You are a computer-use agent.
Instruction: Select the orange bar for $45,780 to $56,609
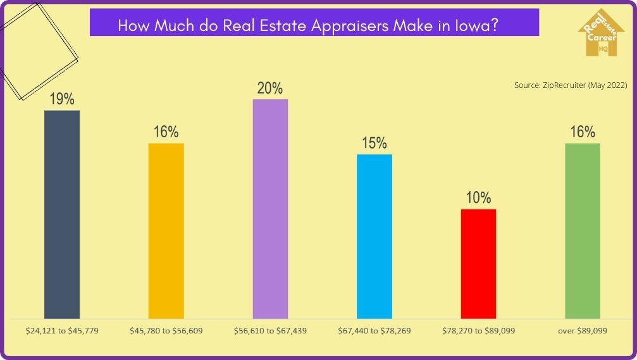click(x=166, y=230)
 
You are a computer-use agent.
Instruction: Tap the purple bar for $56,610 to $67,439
click(x=270, y=208)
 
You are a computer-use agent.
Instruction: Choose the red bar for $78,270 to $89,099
click(x=478, y=263)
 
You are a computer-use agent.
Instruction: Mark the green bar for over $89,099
click(x=583, y=230)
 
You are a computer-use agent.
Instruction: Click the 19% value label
click(x=62, y=99)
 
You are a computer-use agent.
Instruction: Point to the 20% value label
click(x=270, y=88)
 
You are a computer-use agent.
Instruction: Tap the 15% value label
click(x=374, y=144)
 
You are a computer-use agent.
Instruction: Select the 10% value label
click(x=478, y=198)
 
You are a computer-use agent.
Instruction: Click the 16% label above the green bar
click(x=583, y=132)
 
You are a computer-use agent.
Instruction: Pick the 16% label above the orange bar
click(x=166, y=132)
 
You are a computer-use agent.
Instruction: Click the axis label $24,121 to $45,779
click(x=62, y=331)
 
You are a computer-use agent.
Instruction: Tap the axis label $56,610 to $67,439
click(x=270, y=331)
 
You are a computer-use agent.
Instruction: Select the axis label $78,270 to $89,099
click(x=478, y=331)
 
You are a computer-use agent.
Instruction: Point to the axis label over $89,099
click(x=583, y=331)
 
